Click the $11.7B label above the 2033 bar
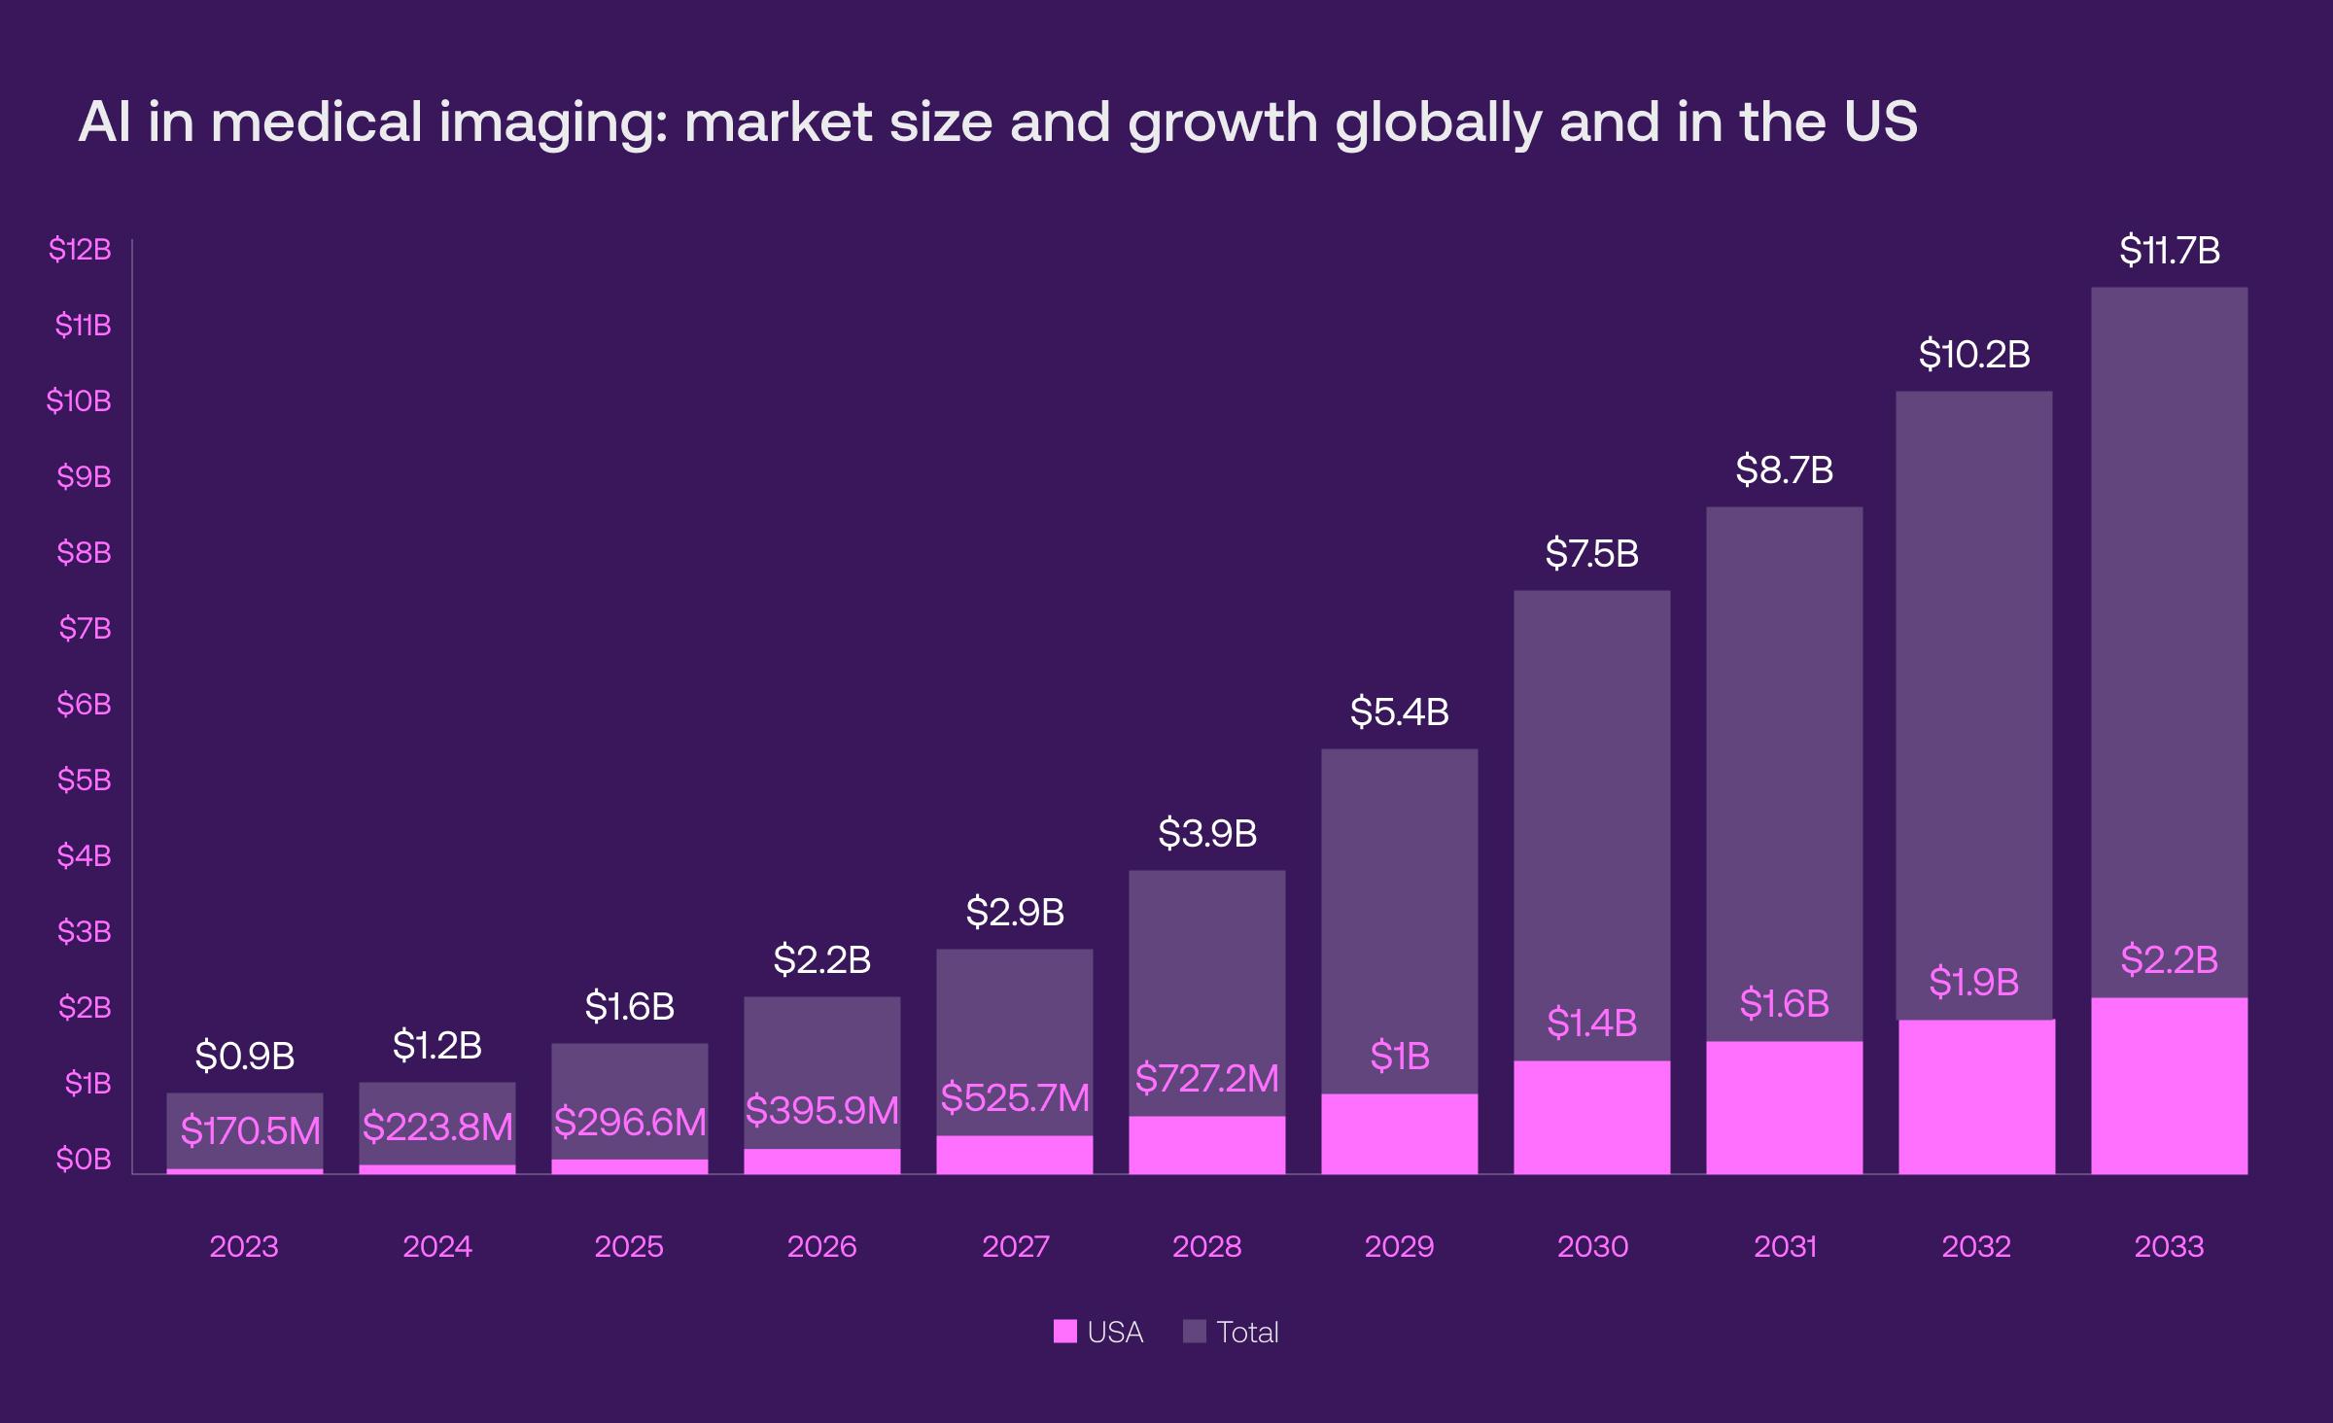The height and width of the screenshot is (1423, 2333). coord(2170,251)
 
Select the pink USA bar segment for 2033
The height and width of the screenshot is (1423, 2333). coord(2170,1086)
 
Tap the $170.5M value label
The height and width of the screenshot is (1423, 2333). coord(250,1130)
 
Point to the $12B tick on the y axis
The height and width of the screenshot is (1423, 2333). coord(80,250)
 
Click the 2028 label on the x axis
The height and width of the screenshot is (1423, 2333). coord(1206,1246)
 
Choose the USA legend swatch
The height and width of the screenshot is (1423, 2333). coord(1065,1332)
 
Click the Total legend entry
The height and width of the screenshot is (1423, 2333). coord(1231,1332)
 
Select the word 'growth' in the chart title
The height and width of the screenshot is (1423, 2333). coord(1223,122)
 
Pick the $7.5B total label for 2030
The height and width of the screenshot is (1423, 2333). coord(1591,554)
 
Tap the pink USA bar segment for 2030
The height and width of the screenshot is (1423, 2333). coord(1591,1118)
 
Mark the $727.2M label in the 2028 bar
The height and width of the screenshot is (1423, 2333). coord(1206,1079)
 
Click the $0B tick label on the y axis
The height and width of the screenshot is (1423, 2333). coord(84,1159)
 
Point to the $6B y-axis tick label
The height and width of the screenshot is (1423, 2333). coord(84,704)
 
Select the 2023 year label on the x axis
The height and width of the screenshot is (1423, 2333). coord(244,1246)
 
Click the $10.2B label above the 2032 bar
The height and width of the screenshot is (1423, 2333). coord(1974,355)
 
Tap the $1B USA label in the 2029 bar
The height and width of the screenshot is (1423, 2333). coord(1400,1057)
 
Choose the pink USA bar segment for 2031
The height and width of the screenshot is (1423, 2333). coord(1784,1108)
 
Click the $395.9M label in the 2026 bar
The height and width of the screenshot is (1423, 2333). coord(821,1110)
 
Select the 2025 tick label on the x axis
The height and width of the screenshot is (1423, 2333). coord(629,1246)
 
